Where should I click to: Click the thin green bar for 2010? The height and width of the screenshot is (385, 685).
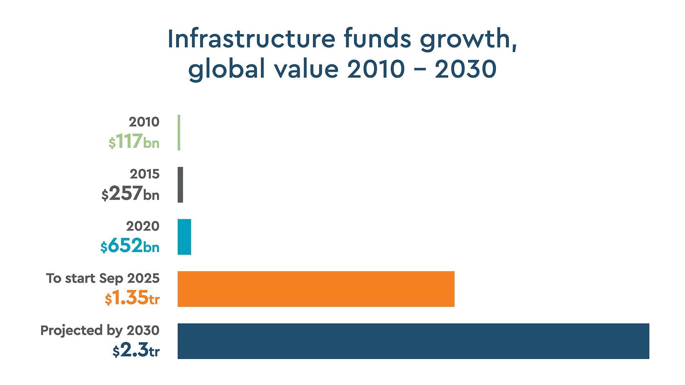[179, 132]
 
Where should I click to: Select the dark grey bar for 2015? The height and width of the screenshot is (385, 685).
[180, 185]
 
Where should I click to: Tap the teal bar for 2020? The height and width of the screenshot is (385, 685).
[184, 237]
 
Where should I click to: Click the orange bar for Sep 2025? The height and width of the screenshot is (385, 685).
[316, 289]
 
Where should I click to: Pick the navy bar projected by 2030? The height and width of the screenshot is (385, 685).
[413, 341]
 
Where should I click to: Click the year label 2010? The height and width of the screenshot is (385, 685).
[144, 122]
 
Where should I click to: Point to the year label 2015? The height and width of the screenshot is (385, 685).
[144, 174]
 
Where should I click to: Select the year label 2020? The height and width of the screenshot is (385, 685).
[143, 226]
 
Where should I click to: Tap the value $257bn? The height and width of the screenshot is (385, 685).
[130, 194]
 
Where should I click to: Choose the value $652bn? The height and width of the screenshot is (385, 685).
[130, 246]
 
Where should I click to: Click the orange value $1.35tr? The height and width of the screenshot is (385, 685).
[132, 298]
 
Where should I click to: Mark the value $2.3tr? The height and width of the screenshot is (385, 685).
[136, 350]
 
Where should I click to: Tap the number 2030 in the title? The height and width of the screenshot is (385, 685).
[465, 69]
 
